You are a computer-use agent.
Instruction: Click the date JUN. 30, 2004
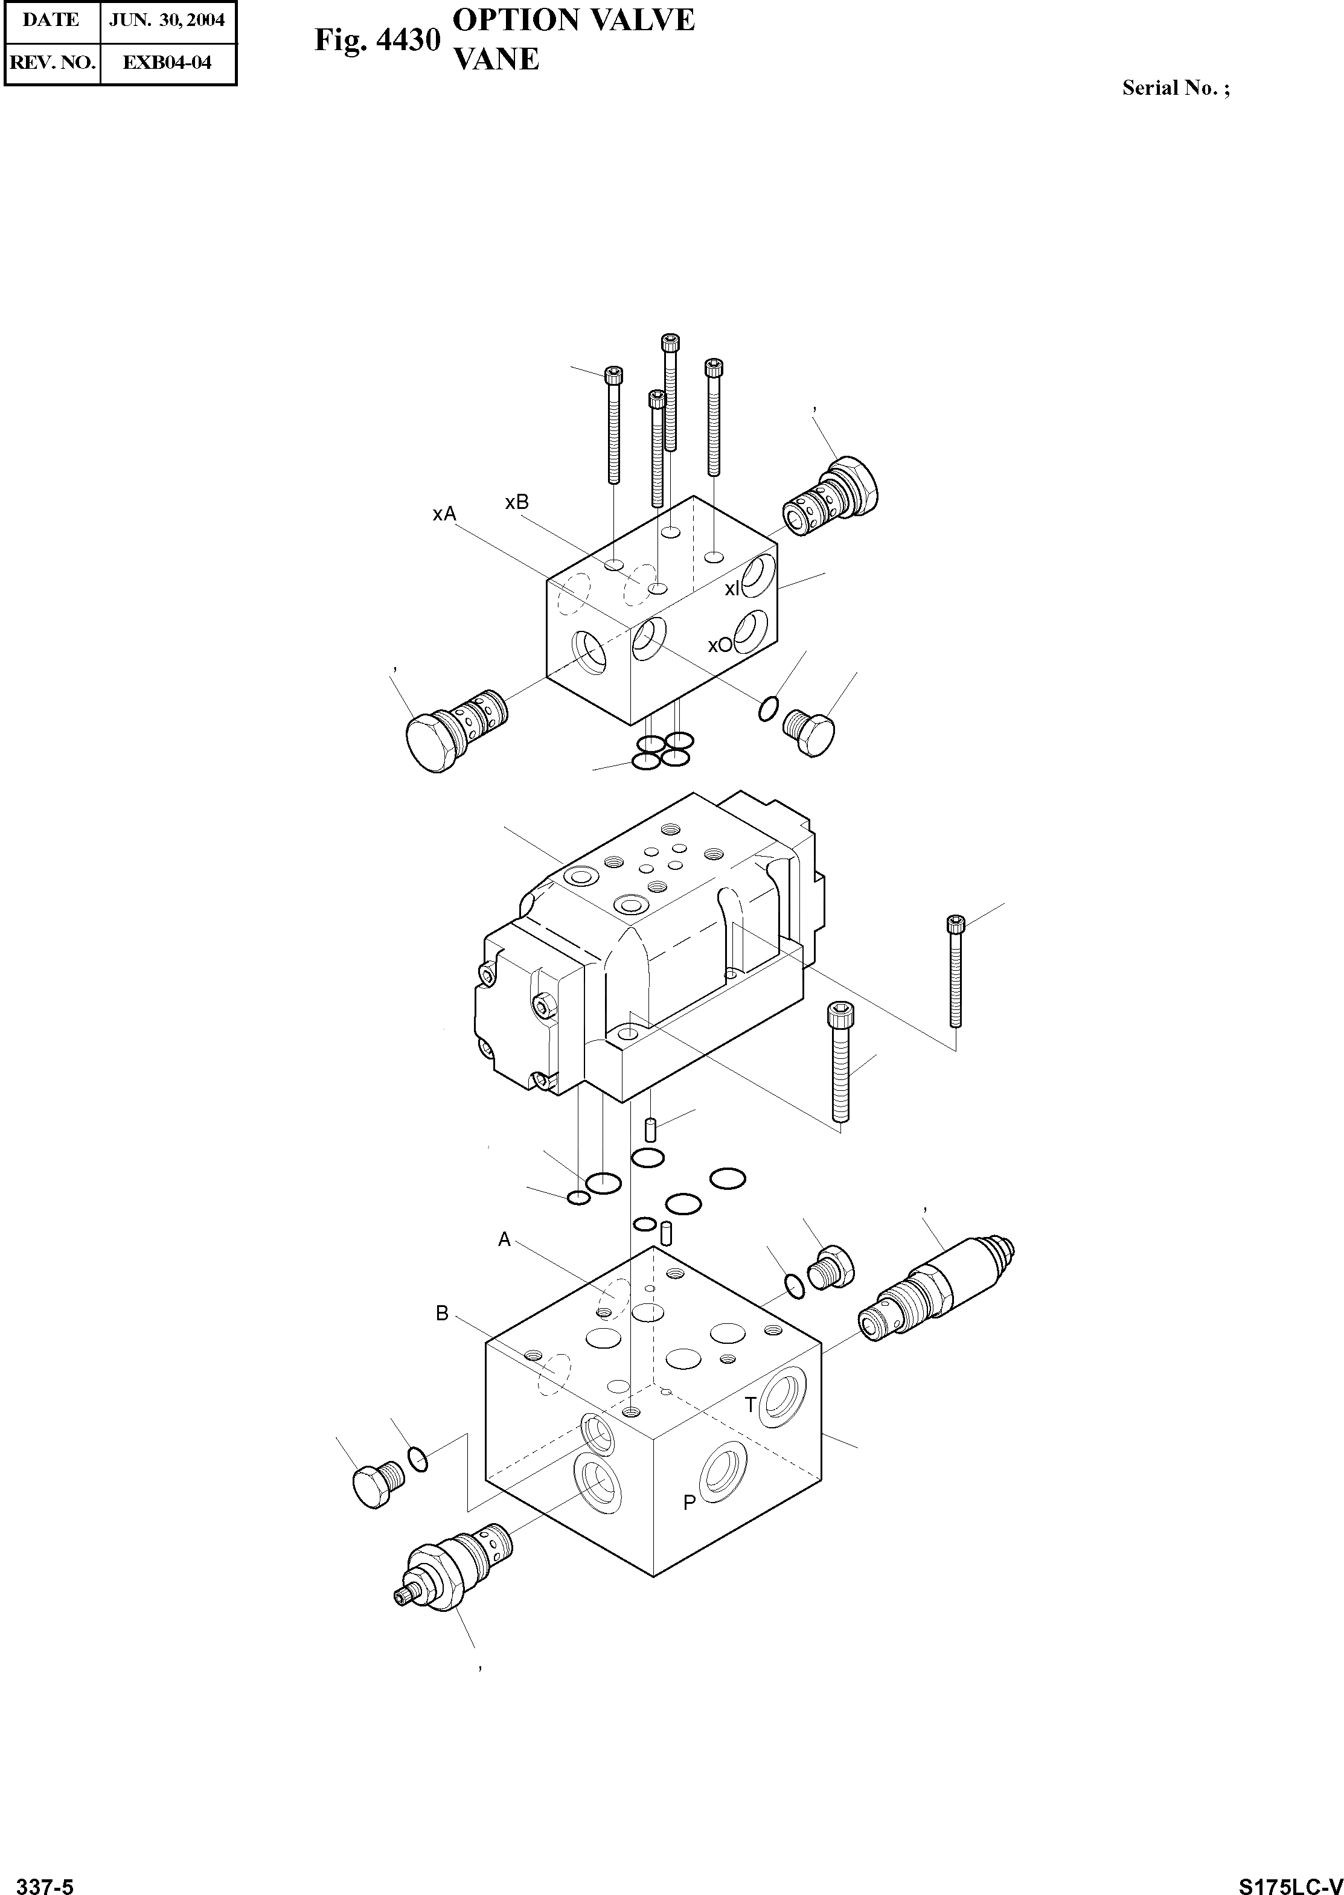pos(167,21)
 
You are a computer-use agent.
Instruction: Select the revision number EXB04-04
pos(167,62)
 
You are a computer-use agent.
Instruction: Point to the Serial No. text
pos(1175,89)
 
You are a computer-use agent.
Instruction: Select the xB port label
pos(516,502)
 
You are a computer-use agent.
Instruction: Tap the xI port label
pos(733,589)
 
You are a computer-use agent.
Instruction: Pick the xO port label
pos(719,645)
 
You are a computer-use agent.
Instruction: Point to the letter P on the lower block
pos(688,1503)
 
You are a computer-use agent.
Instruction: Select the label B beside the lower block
pos(442,1313)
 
